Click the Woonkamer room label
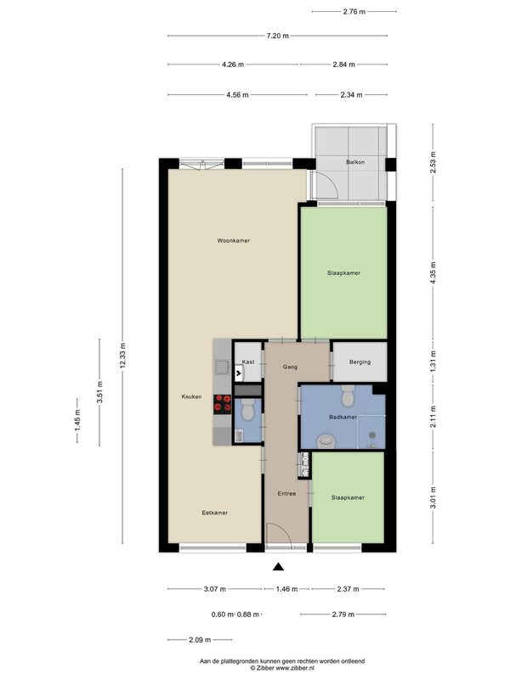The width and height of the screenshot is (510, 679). point(233,240)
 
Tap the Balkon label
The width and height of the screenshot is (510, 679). point(355,162)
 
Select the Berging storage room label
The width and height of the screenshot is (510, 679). point(360,362)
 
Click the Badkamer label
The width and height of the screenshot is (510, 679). point(343,418)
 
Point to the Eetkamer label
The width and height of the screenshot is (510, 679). point(215,513)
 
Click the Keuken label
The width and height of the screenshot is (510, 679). point(191,396)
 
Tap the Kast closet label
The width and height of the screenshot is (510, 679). point(248,362)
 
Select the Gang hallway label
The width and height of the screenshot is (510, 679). point(290,368)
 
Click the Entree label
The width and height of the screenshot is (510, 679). point(286,494)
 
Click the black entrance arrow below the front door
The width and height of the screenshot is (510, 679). point(279,566)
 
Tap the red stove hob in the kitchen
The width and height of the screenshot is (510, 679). point(222,404)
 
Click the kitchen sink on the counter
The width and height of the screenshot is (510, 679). point(223,368)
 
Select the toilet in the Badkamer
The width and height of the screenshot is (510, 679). point(348,396)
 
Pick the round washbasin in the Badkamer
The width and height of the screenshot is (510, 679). point(326,441)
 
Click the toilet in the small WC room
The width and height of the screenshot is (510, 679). point(247,410)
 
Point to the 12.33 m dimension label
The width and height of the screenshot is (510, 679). point(123,356)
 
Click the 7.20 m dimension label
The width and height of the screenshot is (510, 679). point(278,36)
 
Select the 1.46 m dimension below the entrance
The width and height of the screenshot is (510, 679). point(286,589)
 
